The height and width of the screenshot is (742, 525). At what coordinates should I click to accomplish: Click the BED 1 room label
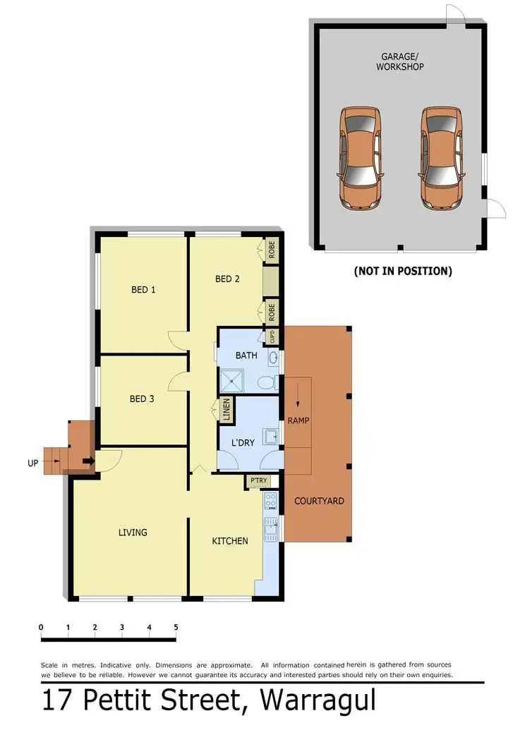[x=143, y=290]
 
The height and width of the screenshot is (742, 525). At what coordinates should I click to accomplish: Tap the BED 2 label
[x=227, y=279]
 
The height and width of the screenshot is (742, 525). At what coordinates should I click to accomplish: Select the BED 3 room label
[x=142, y=399]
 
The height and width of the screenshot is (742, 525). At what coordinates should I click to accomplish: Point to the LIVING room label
[x=133, y=533]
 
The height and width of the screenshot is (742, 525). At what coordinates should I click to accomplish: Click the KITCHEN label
[x=230, y=541]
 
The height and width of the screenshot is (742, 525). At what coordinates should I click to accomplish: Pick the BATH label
[x=246, y=355]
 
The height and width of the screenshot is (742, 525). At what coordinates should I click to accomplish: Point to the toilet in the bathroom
[x=267, y=383]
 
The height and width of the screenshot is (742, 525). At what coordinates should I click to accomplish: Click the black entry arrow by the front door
[x=88, y=462]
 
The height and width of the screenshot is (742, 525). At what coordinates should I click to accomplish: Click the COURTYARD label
[x=319, y=501]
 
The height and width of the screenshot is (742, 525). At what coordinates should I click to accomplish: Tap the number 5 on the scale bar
[x=176, y=627]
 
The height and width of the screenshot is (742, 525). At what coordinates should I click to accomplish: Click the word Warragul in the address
[x=318, y=701]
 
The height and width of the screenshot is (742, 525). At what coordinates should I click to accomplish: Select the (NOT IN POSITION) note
[x=402, y=271]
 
